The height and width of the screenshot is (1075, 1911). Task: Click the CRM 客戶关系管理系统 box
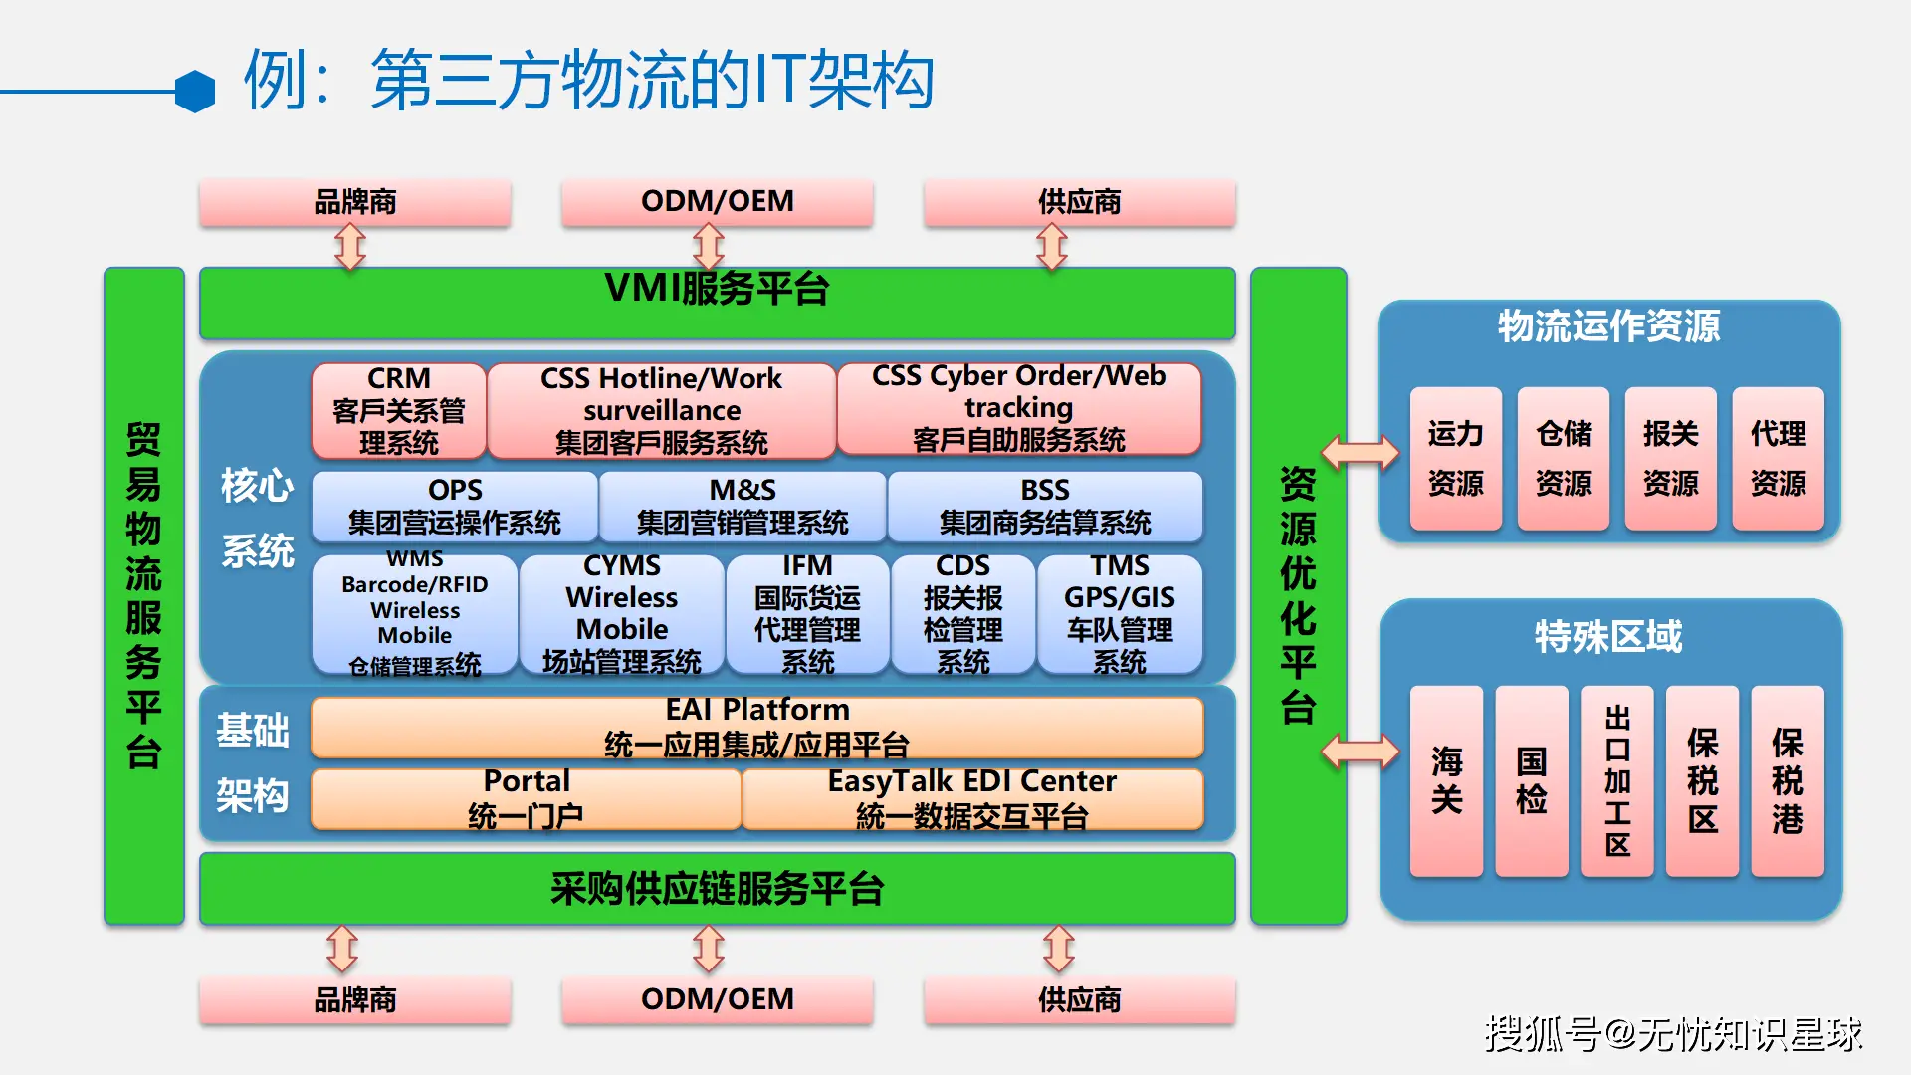398,410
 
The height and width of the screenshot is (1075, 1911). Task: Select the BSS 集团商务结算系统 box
1044,507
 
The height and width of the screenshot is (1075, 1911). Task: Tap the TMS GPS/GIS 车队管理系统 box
1120,613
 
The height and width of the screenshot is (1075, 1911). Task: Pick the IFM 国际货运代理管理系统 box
807,613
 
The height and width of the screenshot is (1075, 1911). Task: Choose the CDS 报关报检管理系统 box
962,613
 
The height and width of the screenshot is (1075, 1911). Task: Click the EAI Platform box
756,727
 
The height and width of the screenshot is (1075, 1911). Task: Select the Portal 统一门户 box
526,798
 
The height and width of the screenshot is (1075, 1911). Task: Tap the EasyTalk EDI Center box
972,798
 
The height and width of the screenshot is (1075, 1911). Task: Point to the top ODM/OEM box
717,202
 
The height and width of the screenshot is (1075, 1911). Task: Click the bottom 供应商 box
1079,1000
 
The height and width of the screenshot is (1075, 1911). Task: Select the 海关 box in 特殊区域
1446,780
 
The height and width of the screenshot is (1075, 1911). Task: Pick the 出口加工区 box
1617,780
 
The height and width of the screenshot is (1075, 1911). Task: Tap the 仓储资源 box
1563,459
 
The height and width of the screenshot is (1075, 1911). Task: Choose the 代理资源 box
1778,459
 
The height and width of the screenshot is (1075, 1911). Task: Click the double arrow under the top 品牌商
350,247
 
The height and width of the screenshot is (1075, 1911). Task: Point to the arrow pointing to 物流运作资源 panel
1360,453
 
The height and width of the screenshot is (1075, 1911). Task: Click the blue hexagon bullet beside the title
195,92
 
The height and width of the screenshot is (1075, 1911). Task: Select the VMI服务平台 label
717,290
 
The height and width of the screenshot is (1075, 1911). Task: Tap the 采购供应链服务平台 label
717,889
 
